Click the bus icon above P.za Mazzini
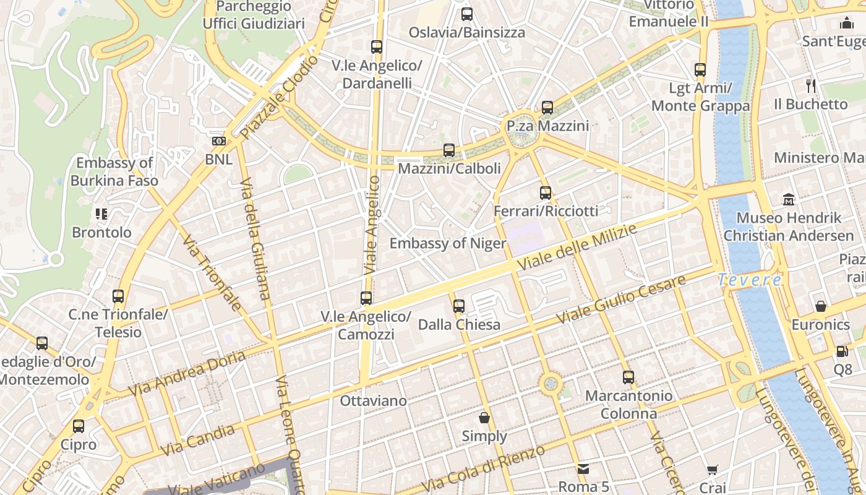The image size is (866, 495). (x=547, y=108)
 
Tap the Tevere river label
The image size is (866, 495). (x=750, y=280)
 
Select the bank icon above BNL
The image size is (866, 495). (x=218, y=141)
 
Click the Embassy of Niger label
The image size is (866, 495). (x=447, y=243)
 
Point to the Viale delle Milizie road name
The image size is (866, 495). (x=577, y=248)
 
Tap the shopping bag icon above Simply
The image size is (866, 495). (x=484, y=418)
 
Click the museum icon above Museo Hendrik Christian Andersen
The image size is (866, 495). (x=789, y=199)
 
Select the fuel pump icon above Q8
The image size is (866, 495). (x=842, y=351)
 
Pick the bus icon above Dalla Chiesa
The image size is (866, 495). (x=458, y=306)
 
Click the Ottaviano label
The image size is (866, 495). (x=374, y=401)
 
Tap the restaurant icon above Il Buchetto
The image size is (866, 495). (x=812, y=85)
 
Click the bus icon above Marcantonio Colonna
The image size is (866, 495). (x=628, y=377)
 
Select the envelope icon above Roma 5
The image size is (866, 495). (x=583, y=468)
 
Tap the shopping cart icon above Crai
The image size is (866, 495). (x=713, y=470)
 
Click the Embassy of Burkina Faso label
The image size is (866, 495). (x=114, y=172)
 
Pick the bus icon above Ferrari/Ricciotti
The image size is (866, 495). (x=545, y=192)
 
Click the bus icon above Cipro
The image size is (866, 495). (x=79, y=426)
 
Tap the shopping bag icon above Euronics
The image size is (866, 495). (x=821, y=306)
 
